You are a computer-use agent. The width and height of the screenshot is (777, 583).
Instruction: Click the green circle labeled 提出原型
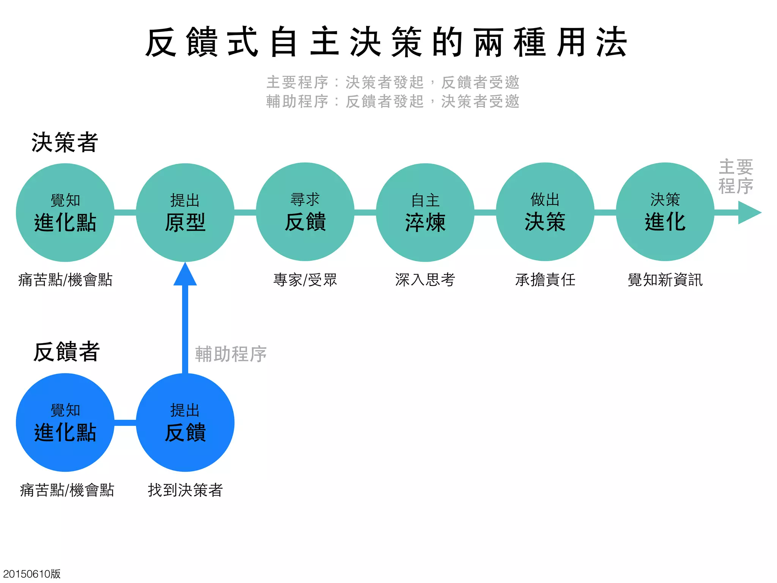pyautogui.click(x=185, y=213)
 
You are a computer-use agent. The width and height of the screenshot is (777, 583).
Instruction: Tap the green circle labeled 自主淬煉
pyautogui.click(x=425, y=213)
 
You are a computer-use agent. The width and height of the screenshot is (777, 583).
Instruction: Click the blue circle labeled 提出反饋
pyautogui.click(x=185, y=422)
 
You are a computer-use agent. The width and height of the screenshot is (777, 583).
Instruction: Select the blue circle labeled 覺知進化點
pyautogui.click(x=65, y=422)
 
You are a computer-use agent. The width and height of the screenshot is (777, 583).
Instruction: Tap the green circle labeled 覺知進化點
pyautogui.click(x=65, y=213)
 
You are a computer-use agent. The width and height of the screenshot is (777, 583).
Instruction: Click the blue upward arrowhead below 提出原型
pyautogui.click(x=185, y=275)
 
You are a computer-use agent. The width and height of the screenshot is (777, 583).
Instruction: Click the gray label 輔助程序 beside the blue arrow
pyautogui.click(x=231, y=354)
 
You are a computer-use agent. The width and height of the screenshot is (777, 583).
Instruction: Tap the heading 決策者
pyautogui.click(x=65, y=143)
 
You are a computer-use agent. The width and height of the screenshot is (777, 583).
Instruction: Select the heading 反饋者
pyautogui.click(x=66, y=352)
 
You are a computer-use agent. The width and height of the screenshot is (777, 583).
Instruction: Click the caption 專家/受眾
pyautogui.click(x=305, y=280)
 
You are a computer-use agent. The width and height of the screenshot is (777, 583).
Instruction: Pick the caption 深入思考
pyautogui.click(x=425, y=280)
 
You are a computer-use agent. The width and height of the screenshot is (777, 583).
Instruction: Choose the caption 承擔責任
pyautogui.click(x=545, y=280)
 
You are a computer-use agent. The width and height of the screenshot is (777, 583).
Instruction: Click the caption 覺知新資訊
pyautogui.click(x=665, y=280)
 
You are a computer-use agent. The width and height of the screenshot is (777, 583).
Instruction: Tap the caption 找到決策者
pyautogui.click(x=185, y=490)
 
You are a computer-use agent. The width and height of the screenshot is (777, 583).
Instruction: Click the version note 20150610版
pyautogui.click(x=32, y=574)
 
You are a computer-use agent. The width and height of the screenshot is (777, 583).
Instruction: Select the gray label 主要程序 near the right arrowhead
pyautogui.click(x=736, y=176)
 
